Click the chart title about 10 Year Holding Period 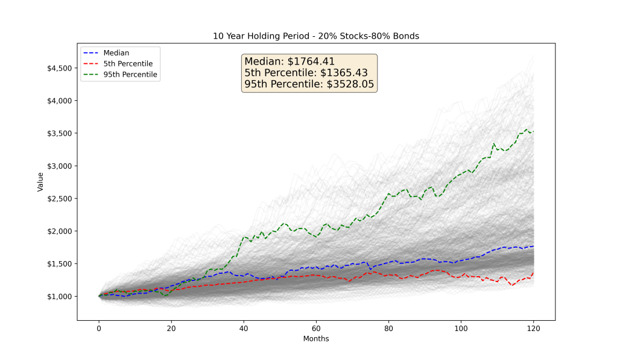tap(315, 36)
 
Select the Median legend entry tap(116, 52)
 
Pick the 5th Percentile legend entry tap(128, 63)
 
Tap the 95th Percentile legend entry tap(130, 75)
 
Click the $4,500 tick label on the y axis tap(60, 68)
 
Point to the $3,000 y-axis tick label tap(60, 166)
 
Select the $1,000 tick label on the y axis tap(60, 296)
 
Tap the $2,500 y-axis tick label tap(60, 198)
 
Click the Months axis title tap(315, 339)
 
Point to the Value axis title tap(40, 182)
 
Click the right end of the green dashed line tap(533, 131)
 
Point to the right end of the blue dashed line tap(533, 246)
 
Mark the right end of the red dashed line tap(533, 273)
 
